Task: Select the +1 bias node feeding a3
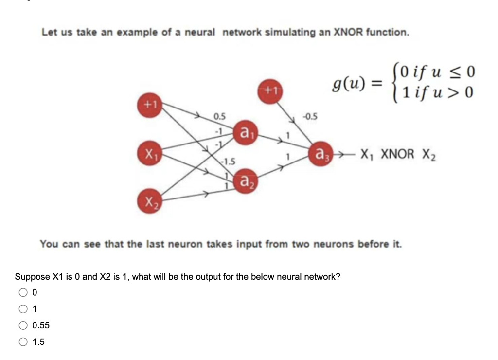[x=270, y=90]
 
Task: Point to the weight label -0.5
[x=310, y=116]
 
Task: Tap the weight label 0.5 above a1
[x=219, y=116]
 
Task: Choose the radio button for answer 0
[x=23, y=292]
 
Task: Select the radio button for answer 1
[x=23, y=309]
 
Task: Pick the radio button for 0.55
[x=23, y=325]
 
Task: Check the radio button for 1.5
[x=23, y=342]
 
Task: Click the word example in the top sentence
[x=131, y=33]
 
